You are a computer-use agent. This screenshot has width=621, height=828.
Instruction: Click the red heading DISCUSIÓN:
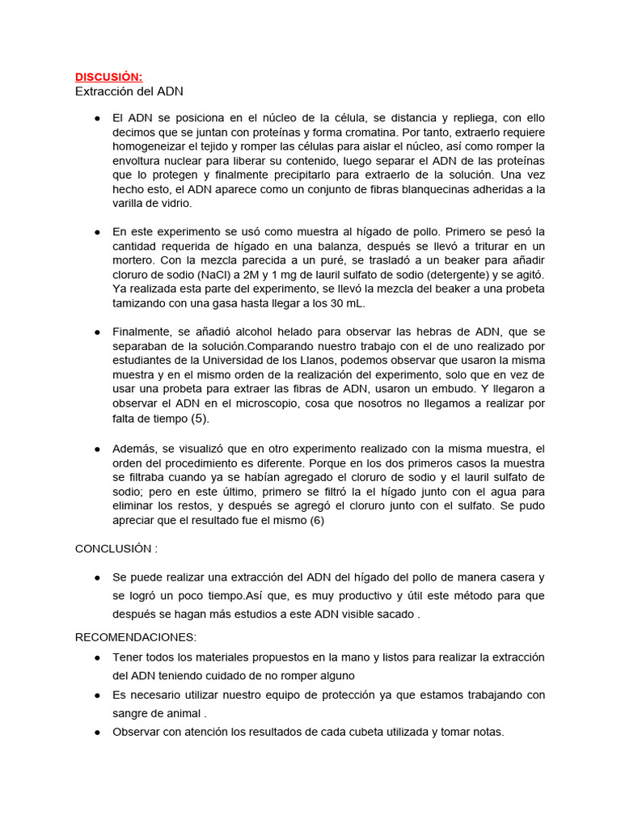(108, 77)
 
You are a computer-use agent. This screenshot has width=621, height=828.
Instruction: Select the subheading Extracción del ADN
(129, 91)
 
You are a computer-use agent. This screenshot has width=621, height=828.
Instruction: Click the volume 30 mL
(349, 303)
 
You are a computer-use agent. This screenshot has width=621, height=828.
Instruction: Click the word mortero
(136, 260)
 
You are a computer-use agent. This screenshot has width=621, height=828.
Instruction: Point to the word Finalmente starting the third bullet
(142, 332)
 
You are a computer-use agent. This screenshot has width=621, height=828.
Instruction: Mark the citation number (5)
(200, 420)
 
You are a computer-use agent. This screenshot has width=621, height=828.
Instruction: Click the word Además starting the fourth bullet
(134, 449)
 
